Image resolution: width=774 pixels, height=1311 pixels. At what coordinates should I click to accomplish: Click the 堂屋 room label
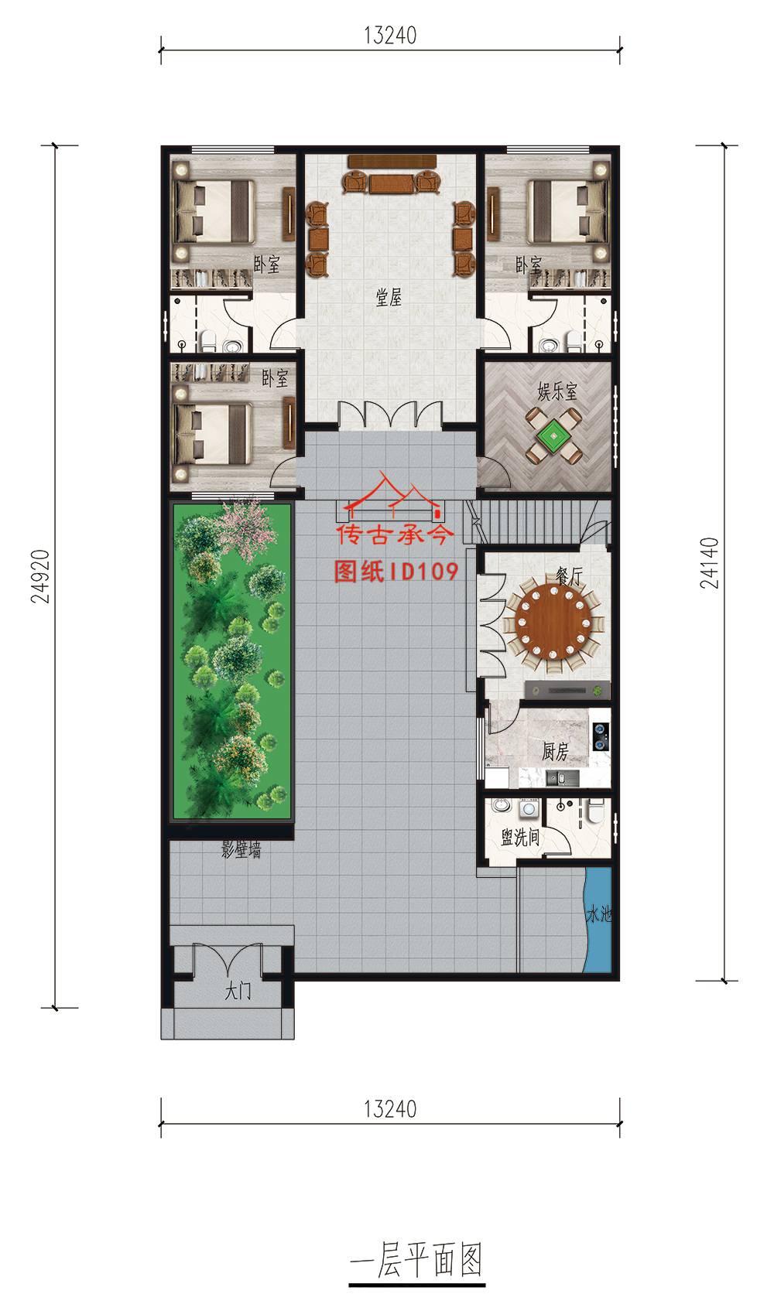[x=389, y=297]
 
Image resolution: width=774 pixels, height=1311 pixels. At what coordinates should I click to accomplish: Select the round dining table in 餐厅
[x=553, y=622]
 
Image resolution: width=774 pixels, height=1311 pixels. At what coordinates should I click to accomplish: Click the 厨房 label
[x=554, y=751]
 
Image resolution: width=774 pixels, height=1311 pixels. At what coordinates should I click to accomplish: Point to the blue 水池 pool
[x=598, y=920]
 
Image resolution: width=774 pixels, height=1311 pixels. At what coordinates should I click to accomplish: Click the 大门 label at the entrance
[x=238, y=991]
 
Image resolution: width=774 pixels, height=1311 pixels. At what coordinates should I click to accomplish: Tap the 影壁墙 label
[x=241, y=849]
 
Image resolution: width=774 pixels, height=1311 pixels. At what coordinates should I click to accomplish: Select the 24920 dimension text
[x=40, y=576]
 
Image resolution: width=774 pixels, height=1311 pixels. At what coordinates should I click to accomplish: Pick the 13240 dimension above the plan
[x=391, y=35]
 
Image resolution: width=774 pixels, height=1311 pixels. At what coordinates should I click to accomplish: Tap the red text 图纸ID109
[x=396, y=572]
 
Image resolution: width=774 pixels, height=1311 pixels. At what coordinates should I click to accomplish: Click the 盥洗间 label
[x=520, y=838]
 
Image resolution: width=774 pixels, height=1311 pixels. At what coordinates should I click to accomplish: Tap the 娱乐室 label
[x=557, y=391]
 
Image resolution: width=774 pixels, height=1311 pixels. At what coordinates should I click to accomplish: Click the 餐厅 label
[x=568, y=576]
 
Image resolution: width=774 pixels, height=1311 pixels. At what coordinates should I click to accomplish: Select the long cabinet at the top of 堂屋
[x=392, y=161]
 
